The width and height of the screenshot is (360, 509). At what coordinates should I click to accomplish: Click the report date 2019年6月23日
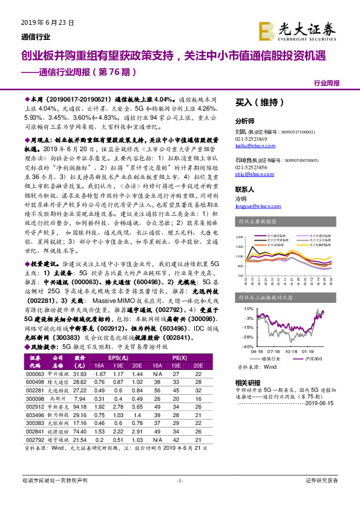(x=38, y=22)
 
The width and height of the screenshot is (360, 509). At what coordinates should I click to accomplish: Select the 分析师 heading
(x=244, y=120)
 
